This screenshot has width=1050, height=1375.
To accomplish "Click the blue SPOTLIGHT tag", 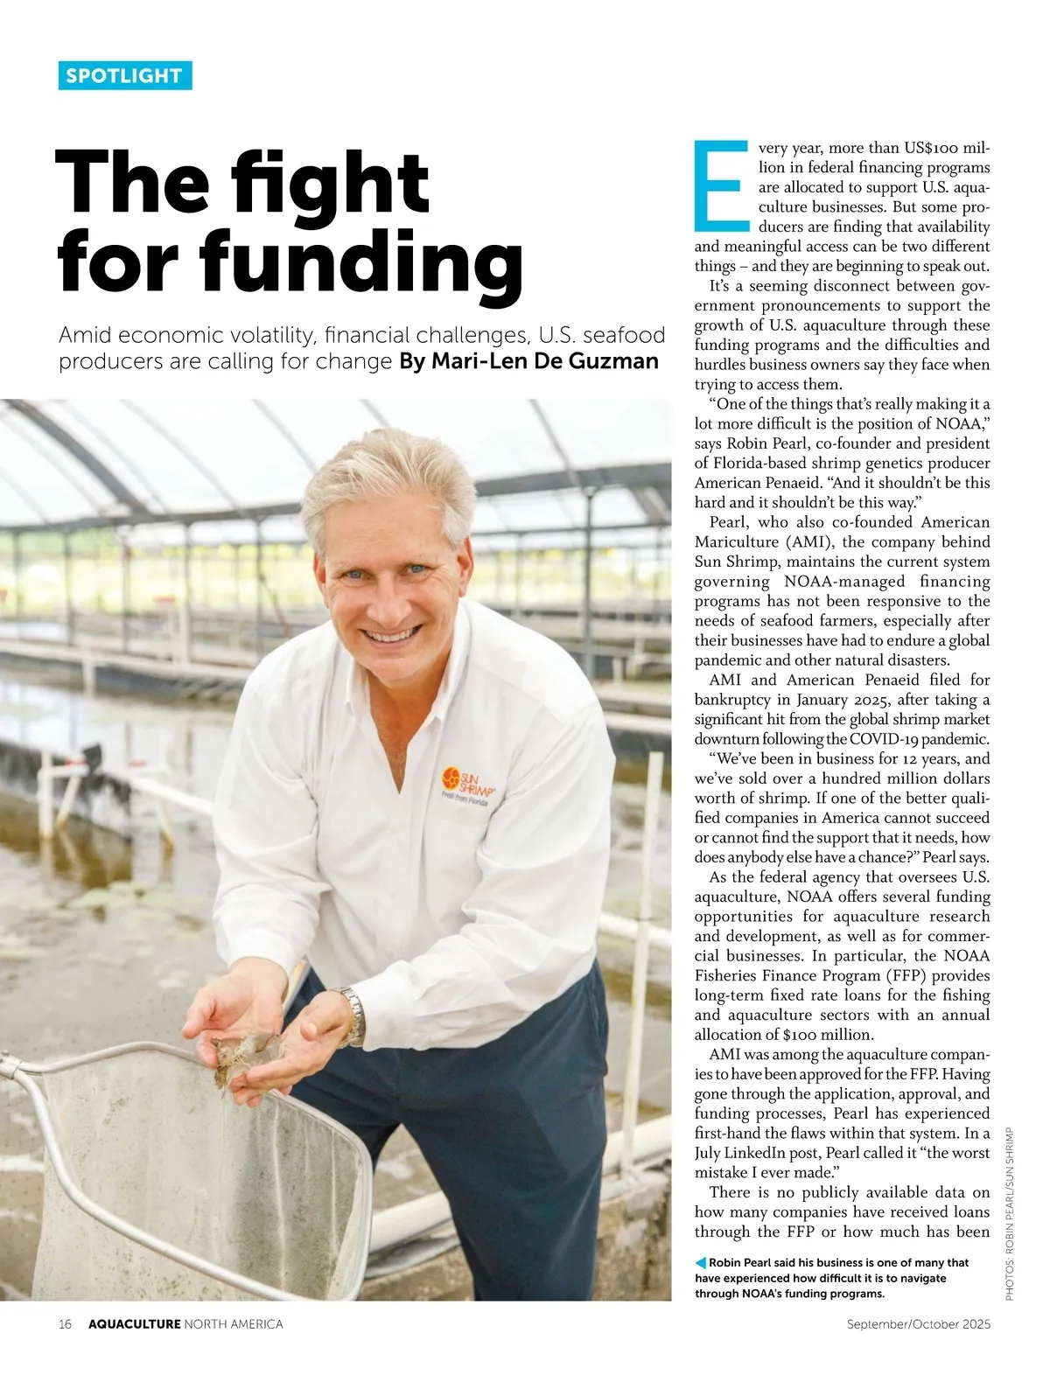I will tap(125, 76).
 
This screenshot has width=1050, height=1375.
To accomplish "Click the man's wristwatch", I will tap(353, 1015).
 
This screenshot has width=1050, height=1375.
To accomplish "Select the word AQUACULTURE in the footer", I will tap(134, 1324).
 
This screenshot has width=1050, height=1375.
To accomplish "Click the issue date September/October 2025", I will tap(918, 1324).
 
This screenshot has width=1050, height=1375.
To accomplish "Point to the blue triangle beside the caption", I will tap(700, 1262).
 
